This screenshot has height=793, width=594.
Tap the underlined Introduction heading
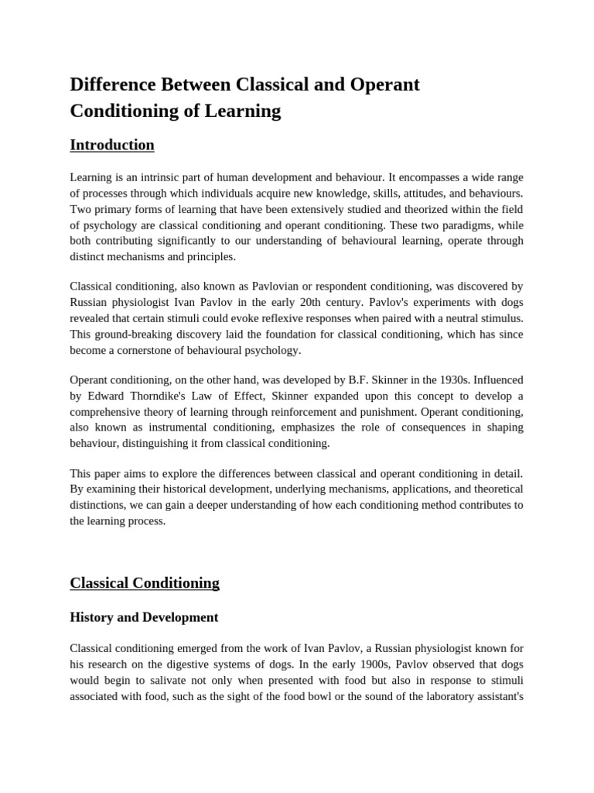tap(112, 145)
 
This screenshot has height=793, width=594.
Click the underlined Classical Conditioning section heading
tap(145, 582)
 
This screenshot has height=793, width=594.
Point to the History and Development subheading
tap(144, 617)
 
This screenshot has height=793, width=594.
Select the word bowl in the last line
tap(350, 694)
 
